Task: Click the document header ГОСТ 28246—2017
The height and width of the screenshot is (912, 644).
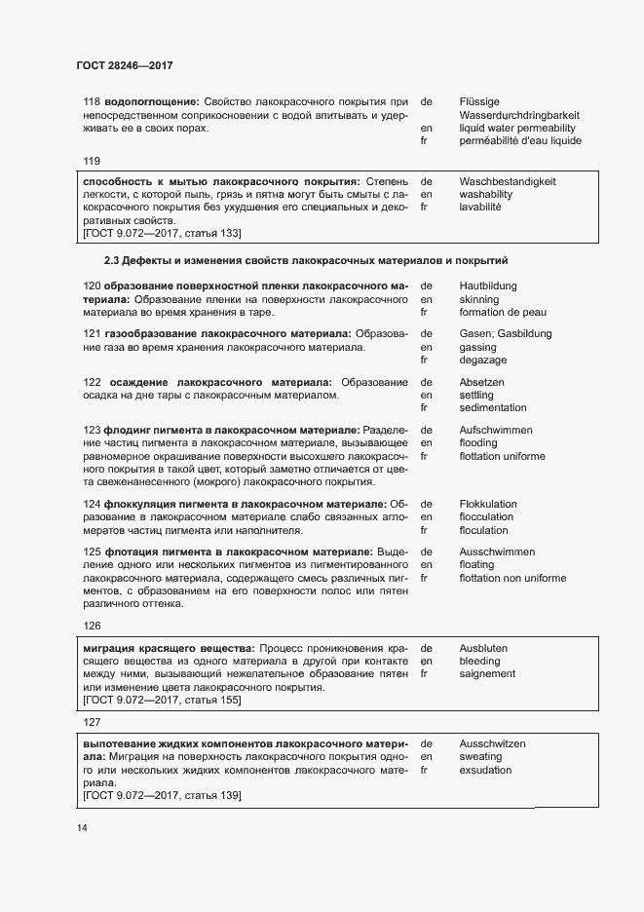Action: (124, 66)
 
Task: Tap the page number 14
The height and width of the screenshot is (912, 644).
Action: (82, 828)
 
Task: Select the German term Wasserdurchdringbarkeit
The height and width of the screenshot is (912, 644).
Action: (517, 115)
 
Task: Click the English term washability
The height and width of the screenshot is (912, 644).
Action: (485, 194)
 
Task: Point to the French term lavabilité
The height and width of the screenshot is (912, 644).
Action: (481, 207)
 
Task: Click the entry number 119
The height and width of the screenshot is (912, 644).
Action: (93, 161)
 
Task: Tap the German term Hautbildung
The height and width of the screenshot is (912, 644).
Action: (487, 286)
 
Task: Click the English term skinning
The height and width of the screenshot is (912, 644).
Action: (479, 300)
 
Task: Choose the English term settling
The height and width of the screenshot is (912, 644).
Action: (476, 395)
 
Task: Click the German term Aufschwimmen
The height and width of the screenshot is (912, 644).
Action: (497, 430)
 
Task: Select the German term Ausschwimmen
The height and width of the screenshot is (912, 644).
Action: (497, 552)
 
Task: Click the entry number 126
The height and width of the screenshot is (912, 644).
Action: (93, 627)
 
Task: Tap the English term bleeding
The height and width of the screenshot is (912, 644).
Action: (480, 661)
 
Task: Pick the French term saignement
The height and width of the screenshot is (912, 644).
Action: (487, 673)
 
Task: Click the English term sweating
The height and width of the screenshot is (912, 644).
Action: (481, 756)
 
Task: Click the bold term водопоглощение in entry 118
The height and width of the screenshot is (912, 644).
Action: (151, 101)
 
